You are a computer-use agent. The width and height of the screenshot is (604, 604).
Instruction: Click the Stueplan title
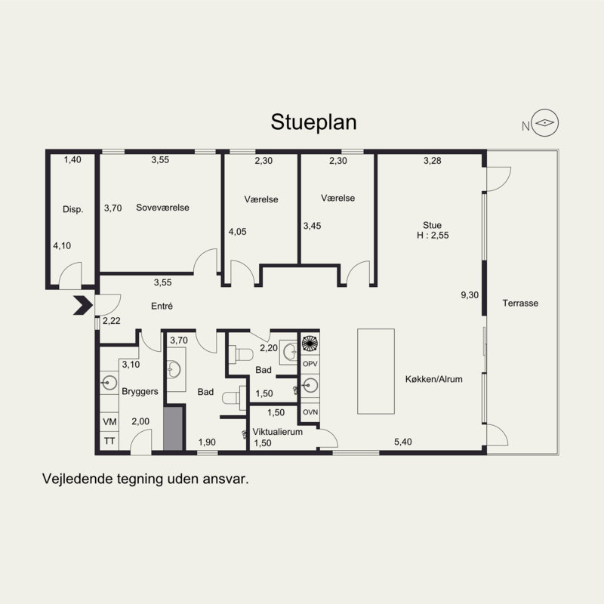313,122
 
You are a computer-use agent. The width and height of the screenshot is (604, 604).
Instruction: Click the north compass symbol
544,123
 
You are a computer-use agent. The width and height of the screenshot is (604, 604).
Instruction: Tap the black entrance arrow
83,306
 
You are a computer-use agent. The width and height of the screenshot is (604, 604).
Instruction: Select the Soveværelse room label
162,208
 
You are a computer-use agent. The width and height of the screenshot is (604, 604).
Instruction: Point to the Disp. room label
72,210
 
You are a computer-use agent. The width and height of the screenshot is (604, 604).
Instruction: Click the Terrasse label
520,304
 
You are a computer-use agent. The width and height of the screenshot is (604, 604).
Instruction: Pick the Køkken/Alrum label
433,379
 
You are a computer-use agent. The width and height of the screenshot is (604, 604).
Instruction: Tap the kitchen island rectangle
376,371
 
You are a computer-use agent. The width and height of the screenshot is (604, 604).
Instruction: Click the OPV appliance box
310,364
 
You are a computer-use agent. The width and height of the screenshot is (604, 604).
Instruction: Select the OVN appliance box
310,412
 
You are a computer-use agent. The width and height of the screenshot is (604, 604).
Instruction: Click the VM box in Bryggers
109,422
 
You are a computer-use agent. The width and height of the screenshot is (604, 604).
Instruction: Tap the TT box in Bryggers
109,441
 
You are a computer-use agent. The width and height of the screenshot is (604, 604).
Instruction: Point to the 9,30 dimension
470,295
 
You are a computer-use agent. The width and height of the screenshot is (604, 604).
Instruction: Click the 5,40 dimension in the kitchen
403,442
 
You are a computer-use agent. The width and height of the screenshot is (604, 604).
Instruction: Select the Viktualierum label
277,432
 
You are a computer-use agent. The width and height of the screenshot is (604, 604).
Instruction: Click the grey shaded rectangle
174,429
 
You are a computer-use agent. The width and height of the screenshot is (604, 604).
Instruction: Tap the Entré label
162,307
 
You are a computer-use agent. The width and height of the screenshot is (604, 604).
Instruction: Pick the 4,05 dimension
237,232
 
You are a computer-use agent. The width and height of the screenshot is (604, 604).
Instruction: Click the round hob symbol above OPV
310,344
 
